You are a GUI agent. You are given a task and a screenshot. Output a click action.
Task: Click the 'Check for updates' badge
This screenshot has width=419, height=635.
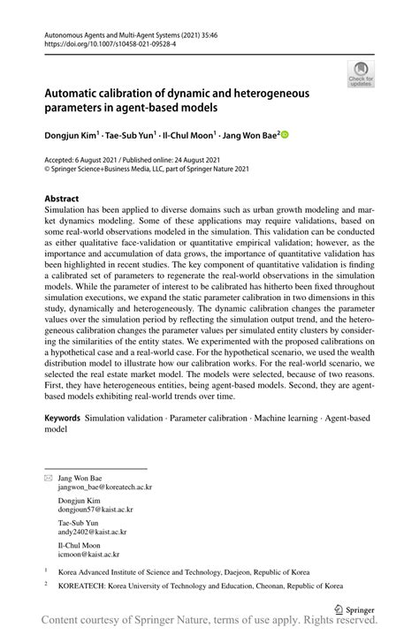click(x=360, y=74)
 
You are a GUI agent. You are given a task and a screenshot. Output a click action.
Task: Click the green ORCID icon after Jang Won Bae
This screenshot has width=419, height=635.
click(x=285, y=135)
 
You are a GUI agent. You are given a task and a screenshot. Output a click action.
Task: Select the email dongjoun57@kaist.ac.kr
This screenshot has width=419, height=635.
click(x=95, y=510)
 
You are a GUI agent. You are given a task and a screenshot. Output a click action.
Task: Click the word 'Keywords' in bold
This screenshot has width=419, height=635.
click(x=62, y=414)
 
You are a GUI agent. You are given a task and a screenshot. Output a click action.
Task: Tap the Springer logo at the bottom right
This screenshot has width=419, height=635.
click(x=354, y=609)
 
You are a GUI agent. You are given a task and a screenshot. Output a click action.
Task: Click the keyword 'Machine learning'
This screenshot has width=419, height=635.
click(x=279, y=414)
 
